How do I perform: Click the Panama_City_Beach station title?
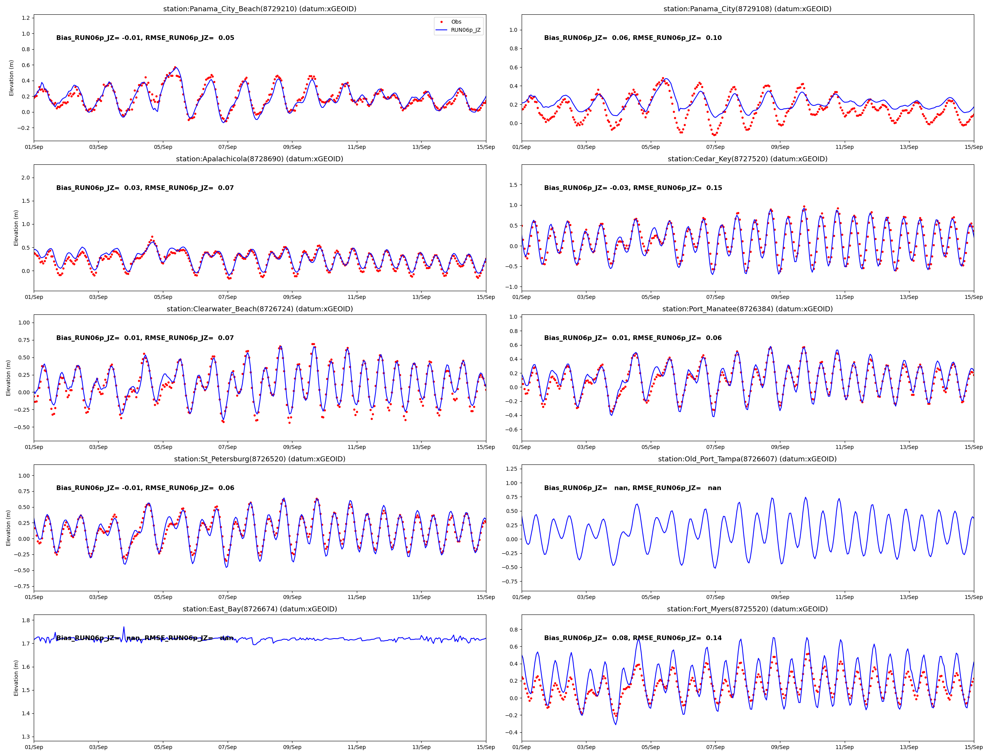tap(259, 9)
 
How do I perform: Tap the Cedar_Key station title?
tap(747, 159)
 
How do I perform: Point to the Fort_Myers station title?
tap(747, 609)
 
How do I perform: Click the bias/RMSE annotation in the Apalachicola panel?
tap(145, 188)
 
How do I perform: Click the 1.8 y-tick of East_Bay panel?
tap(25, 620)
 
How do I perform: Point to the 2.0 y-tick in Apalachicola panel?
tap(25, 178)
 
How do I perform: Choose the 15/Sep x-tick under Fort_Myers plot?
tap(973, 747)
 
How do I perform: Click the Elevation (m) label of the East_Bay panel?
tap(16, 678)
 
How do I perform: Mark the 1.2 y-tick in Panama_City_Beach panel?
tap(25, 18)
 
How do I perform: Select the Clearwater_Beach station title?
tap(259, 309)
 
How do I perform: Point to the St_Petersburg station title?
tap(259, 459)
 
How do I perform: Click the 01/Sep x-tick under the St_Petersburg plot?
tap(34, 597)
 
